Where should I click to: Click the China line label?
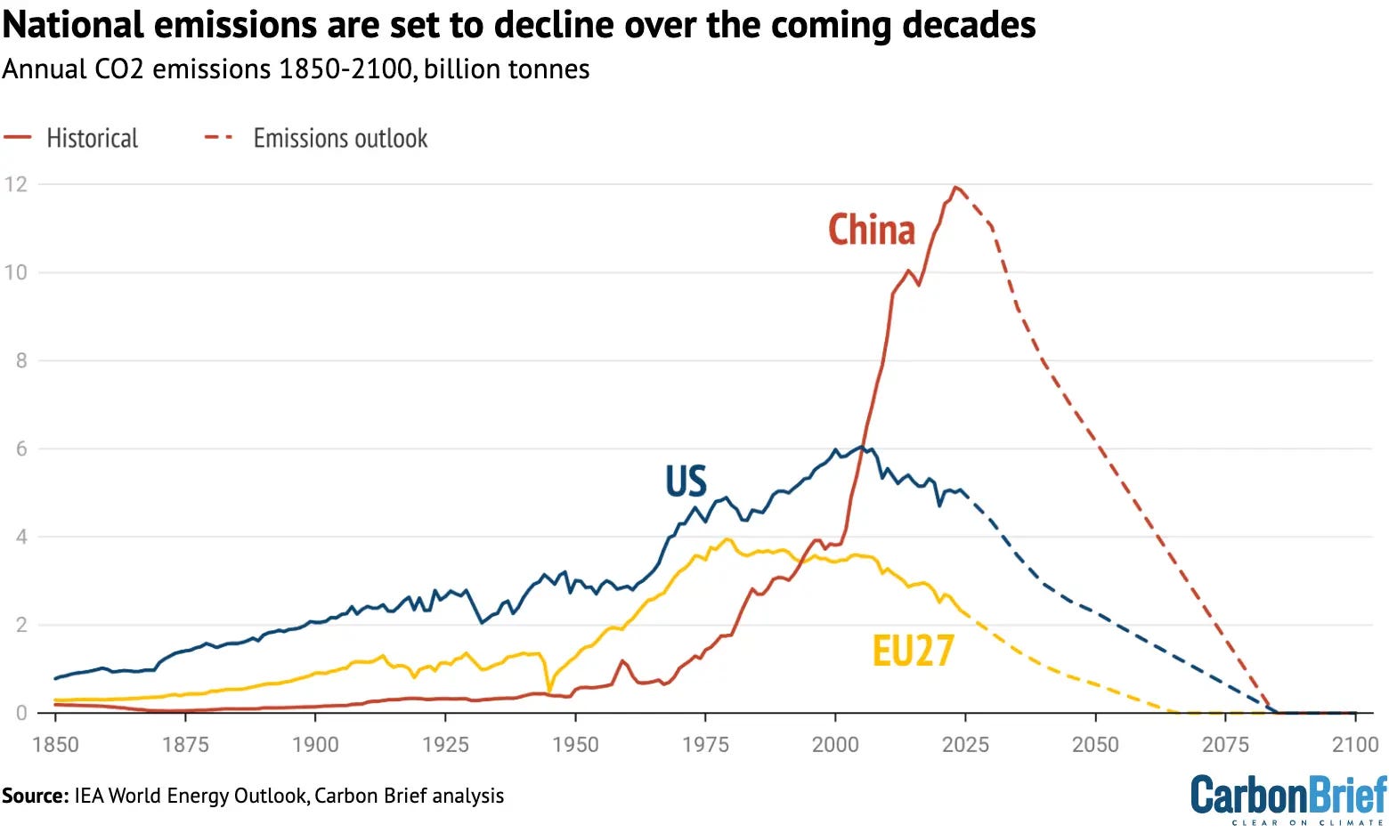pyautogui.click(x=871, y=230)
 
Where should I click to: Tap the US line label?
pyautogui.click(x=686, y=481)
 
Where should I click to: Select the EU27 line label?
pyautogui.click(x=913, y=651)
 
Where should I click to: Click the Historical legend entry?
pyautogui.click(x=70, y=138)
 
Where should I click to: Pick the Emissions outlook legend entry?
pyautogui.click(x=316, y=138)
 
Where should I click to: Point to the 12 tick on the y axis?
pyautogui.click(x=16, y=184)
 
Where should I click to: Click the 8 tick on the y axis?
pyautogui.click(x=21, y=360)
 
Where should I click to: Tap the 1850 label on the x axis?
pyautogui.click(x=56, y=744)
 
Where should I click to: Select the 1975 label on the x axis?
pyautogui.click(x=706, y=744)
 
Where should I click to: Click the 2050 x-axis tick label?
pyautogui.click(x=1096, y=744)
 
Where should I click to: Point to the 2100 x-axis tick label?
pyautogui.click(x=1355, y=744)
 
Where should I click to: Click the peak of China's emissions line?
pyautogui.click(x=955, y=187)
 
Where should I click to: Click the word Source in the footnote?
pyautogui.click(x=36, y=796)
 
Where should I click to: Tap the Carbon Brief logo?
pyautogui.click(x=1288, y=799)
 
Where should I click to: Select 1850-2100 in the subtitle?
pyautogui.click(x=346, y=69)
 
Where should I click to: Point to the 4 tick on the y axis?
pyautogui.click(x=21, y=537)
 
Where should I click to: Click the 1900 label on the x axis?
pyautogui.click(x=315, y=744)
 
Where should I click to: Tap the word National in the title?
pyautogui.click(x=73, y=25)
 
